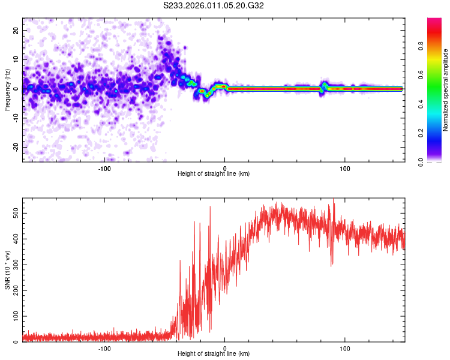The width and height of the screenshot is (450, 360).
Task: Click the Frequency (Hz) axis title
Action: click(7, 89)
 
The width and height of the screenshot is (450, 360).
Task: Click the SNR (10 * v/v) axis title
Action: click(7, 270)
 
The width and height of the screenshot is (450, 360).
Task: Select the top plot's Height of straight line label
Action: click(214, 173)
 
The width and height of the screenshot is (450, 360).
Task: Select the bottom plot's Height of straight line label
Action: click(214, 355)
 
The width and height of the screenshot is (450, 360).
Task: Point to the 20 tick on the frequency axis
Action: click(16, 30)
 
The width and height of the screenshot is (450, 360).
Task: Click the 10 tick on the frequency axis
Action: click(16, 59)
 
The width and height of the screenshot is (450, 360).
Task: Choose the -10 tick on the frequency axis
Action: click(15, 118)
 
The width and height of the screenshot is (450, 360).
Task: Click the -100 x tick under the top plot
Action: click(104, 167)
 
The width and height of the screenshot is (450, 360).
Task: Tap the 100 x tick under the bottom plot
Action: click(345, 348)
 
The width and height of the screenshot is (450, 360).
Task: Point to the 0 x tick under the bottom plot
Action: click(225, 348)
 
